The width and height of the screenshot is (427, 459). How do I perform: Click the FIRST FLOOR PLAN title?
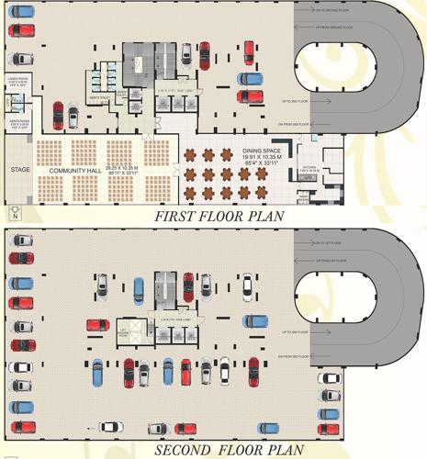coord(219,217)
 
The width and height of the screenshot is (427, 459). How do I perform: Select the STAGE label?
coord(19,170)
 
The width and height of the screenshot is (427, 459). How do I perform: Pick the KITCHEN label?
coord(310,167)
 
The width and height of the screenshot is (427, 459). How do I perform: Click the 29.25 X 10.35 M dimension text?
coord(122,168)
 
